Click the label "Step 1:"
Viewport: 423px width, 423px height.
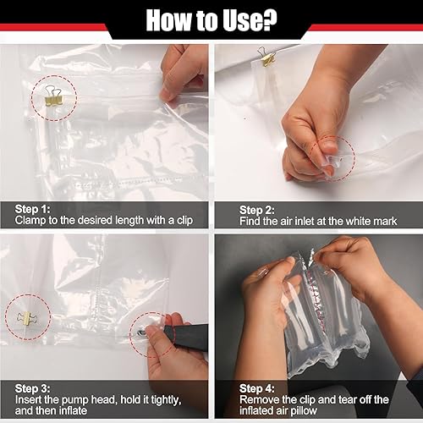[x=33, y=209]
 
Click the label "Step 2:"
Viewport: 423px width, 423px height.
[x=257, y=209]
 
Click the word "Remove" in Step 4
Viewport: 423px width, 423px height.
[x=261, y=399]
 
